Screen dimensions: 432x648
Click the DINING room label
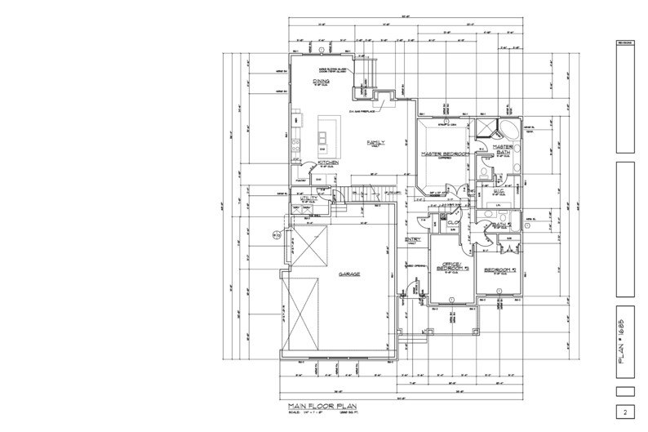tap(321, 82)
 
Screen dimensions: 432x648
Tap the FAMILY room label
tap(375, 142)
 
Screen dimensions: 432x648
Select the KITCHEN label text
tap(328, 163)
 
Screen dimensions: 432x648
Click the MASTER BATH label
tap(502, 149)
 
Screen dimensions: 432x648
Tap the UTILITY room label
tap(308, 198)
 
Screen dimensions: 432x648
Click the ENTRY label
tap(412, 239)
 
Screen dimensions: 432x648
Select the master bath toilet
tap(483, 173)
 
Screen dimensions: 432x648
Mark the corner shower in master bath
tap(487, 127)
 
